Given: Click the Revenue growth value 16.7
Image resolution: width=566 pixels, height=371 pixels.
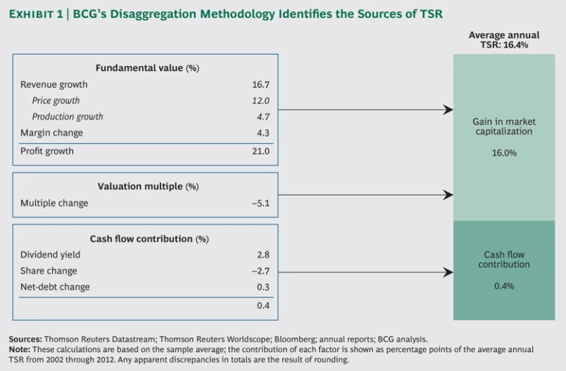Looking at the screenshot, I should [262, 85].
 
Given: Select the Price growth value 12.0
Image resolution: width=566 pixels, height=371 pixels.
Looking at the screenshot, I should [262, 101].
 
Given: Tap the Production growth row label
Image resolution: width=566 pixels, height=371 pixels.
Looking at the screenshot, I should [67, 117].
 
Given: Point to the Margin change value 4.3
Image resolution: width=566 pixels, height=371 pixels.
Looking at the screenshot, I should [264, 133].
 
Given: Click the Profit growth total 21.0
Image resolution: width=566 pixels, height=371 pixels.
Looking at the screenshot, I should [262, 151].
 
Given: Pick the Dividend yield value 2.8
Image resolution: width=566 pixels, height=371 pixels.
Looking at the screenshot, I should [264, 254].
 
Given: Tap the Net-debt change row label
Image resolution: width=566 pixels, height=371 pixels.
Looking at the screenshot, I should [55, 287].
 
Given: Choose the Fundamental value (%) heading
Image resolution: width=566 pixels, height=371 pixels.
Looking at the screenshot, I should [147, 68].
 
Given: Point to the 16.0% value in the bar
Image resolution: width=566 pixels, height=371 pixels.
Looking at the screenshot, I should [504, 153].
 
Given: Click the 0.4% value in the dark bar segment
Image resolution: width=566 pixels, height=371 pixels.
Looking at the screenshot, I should [504, 285].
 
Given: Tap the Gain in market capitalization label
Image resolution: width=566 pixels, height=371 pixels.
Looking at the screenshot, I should [504, 126].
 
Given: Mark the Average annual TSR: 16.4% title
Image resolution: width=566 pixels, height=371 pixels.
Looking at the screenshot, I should [504, 40].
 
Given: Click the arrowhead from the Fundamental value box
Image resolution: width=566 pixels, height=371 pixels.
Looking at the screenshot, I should [448, 110].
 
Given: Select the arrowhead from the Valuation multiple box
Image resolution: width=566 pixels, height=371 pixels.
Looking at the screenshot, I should [448, 195].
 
